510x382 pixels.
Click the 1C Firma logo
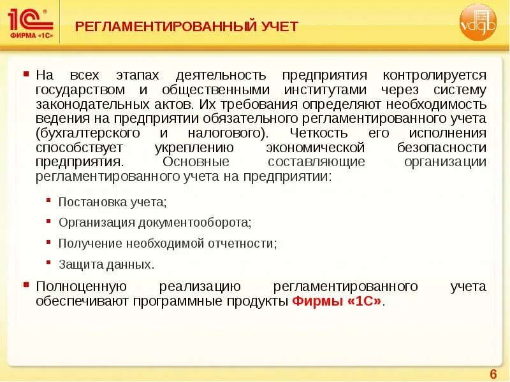point(30,23)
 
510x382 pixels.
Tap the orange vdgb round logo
point(477,23)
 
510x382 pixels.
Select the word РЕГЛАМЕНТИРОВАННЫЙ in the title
point(161,26)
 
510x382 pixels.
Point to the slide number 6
point(493,373)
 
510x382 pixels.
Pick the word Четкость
point(318,133)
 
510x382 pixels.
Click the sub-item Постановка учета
point(112,202)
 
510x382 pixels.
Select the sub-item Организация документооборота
point(155,223)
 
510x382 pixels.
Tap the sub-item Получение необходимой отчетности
point(168,243)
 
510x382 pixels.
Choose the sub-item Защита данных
point(106,264)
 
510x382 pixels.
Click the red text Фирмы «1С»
point(339,301)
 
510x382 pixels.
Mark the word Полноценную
point(82,286)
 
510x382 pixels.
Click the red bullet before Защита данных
point(50,261)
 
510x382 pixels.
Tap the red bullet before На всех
point(26,74)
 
